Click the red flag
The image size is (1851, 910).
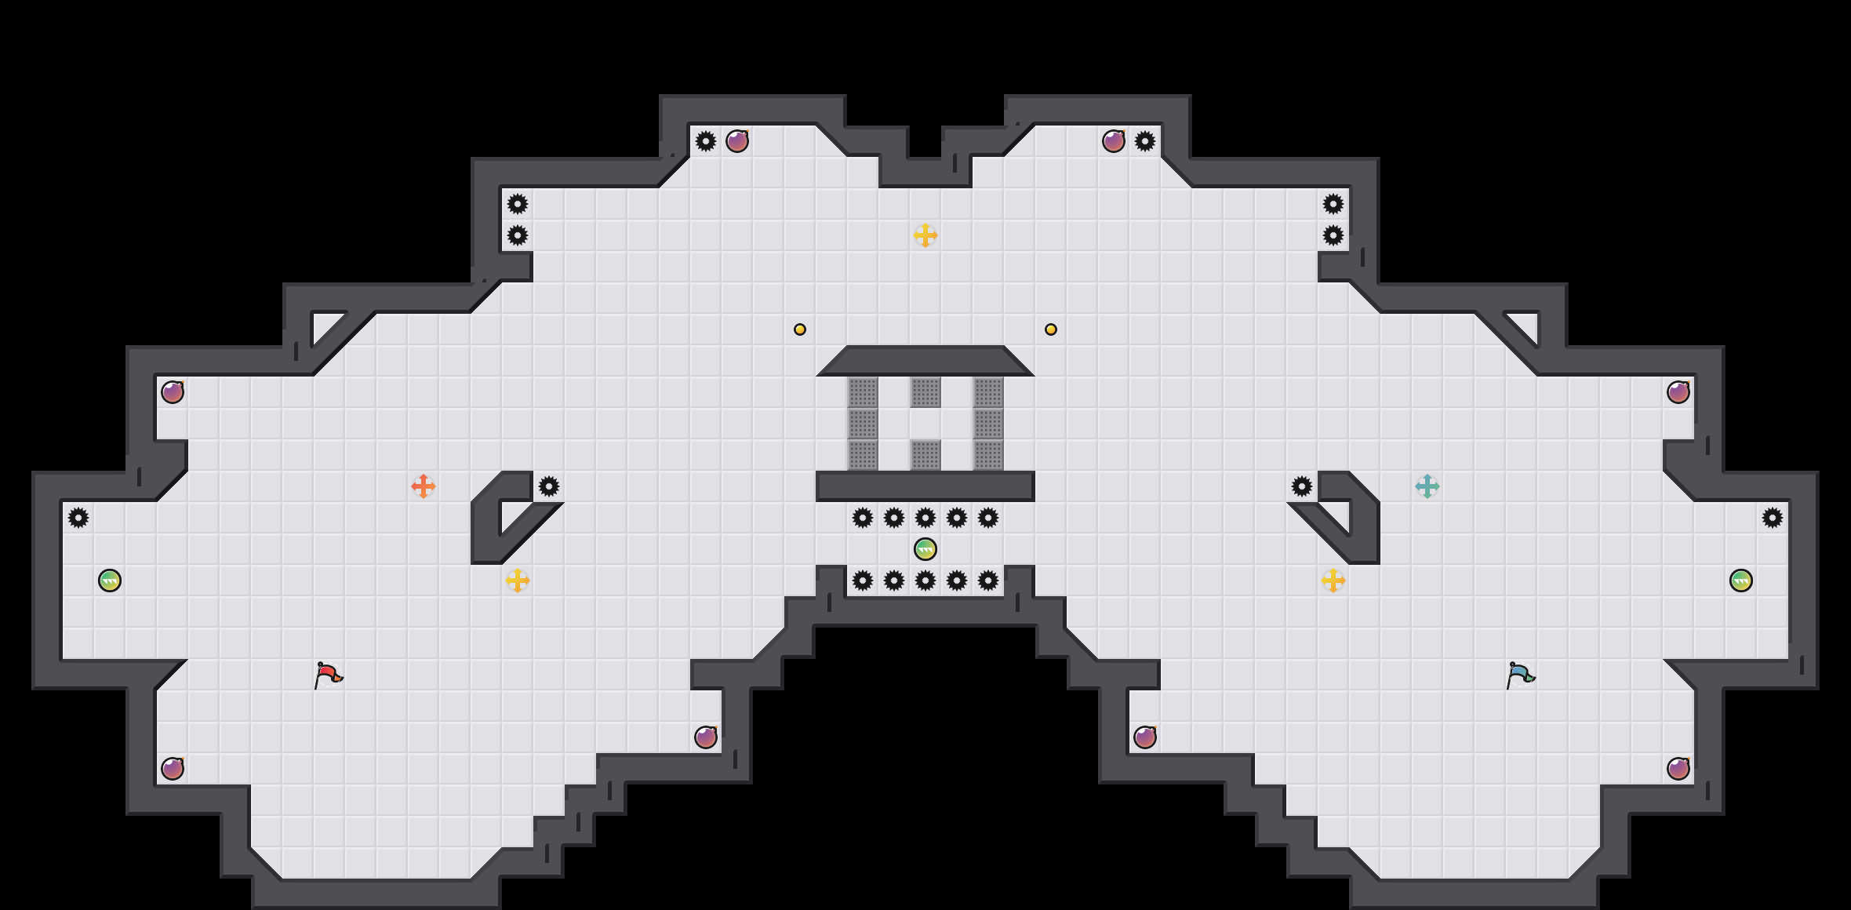tap(328, 675)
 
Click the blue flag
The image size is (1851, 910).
tap(1520, 675)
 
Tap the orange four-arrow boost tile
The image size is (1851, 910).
tap(424, 486)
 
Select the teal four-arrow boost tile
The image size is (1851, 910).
tap(1427, 486)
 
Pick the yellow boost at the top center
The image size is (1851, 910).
tap(925, 235)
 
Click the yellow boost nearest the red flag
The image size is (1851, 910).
tap(518, 581)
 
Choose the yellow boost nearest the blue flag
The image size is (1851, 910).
tap(1333, 581)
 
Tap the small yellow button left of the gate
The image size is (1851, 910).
tap(800, 329)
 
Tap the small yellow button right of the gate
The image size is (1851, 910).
tap(1051, 329)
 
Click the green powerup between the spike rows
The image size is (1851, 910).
tap(925, 549)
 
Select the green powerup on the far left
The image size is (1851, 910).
tap(110, 581)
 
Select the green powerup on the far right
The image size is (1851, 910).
tap(1741, 581)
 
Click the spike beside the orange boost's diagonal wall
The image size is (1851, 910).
tap(549, 486)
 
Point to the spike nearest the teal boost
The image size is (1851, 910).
tap(1302, 486)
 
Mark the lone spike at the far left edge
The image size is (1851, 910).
tap(78, 518)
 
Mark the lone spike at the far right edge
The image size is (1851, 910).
tap(1773, 518)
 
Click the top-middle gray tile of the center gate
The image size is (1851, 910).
tap(925, 392)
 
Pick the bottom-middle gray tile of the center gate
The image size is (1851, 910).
tap(925, 455)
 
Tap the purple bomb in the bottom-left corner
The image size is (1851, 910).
tap(173, 769)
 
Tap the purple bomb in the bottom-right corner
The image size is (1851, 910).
tap(1678, 769)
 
